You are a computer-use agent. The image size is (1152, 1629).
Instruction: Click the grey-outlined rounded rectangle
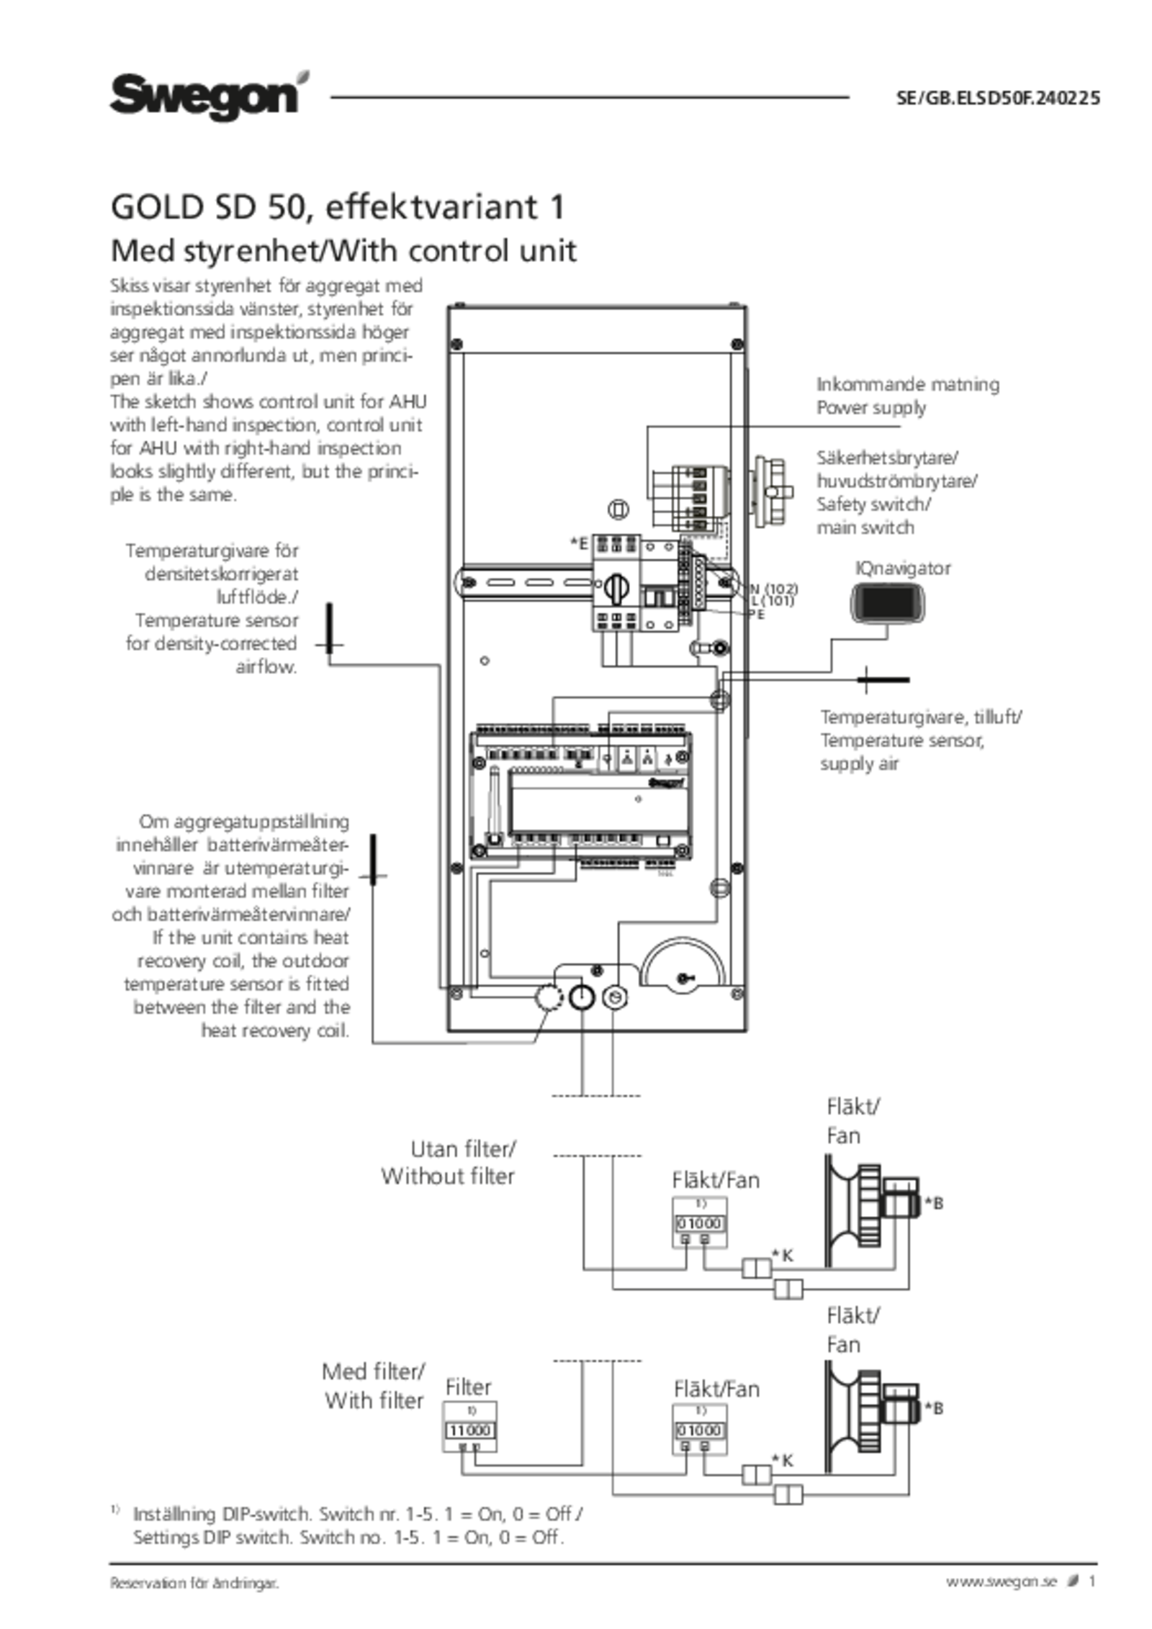(887, 602)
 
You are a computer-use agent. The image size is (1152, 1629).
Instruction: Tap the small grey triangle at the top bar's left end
(303, 78)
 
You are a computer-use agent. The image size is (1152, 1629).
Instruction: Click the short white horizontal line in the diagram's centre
(617, 740)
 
